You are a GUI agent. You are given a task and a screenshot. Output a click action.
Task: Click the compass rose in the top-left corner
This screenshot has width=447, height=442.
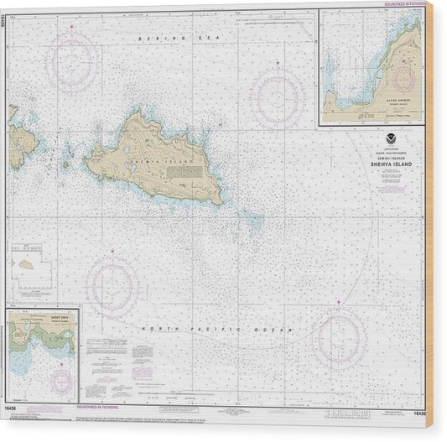click(72, 60)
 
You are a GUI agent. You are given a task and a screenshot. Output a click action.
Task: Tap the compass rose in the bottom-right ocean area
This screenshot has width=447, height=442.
click(339, 336)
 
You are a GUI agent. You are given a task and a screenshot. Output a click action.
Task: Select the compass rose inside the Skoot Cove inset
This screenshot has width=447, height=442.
click(60, 381)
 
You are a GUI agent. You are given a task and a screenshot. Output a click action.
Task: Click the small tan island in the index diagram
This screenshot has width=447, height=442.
click(28, 263)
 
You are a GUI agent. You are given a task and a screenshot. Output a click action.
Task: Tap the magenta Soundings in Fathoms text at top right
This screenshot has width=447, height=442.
click(402, 3)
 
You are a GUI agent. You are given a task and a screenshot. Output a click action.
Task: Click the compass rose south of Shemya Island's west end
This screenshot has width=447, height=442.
click(112, 285)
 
